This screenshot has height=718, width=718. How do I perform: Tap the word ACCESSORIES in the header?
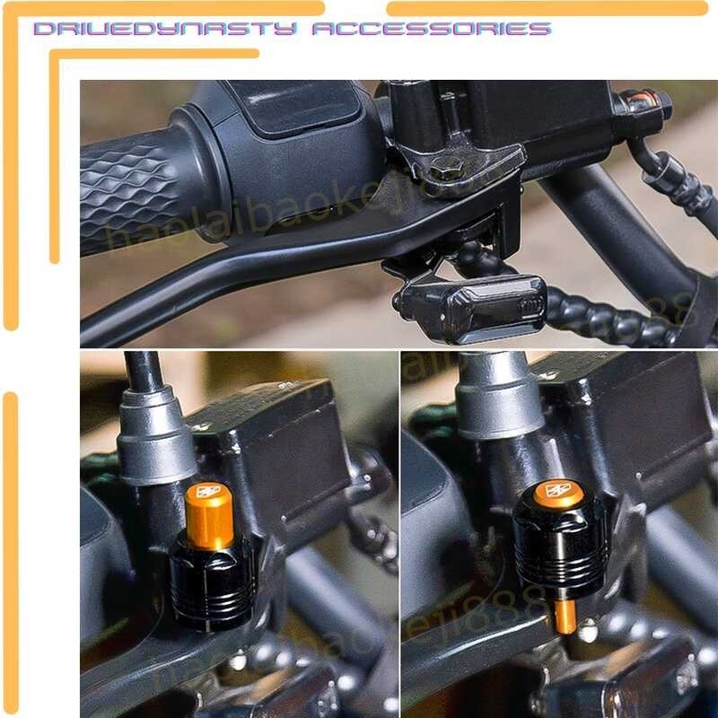[429, 29]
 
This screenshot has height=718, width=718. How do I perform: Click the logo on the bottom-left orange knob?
[208, 491]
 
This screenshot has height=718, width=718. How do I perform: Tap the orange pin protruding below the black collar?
[565, 617]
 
